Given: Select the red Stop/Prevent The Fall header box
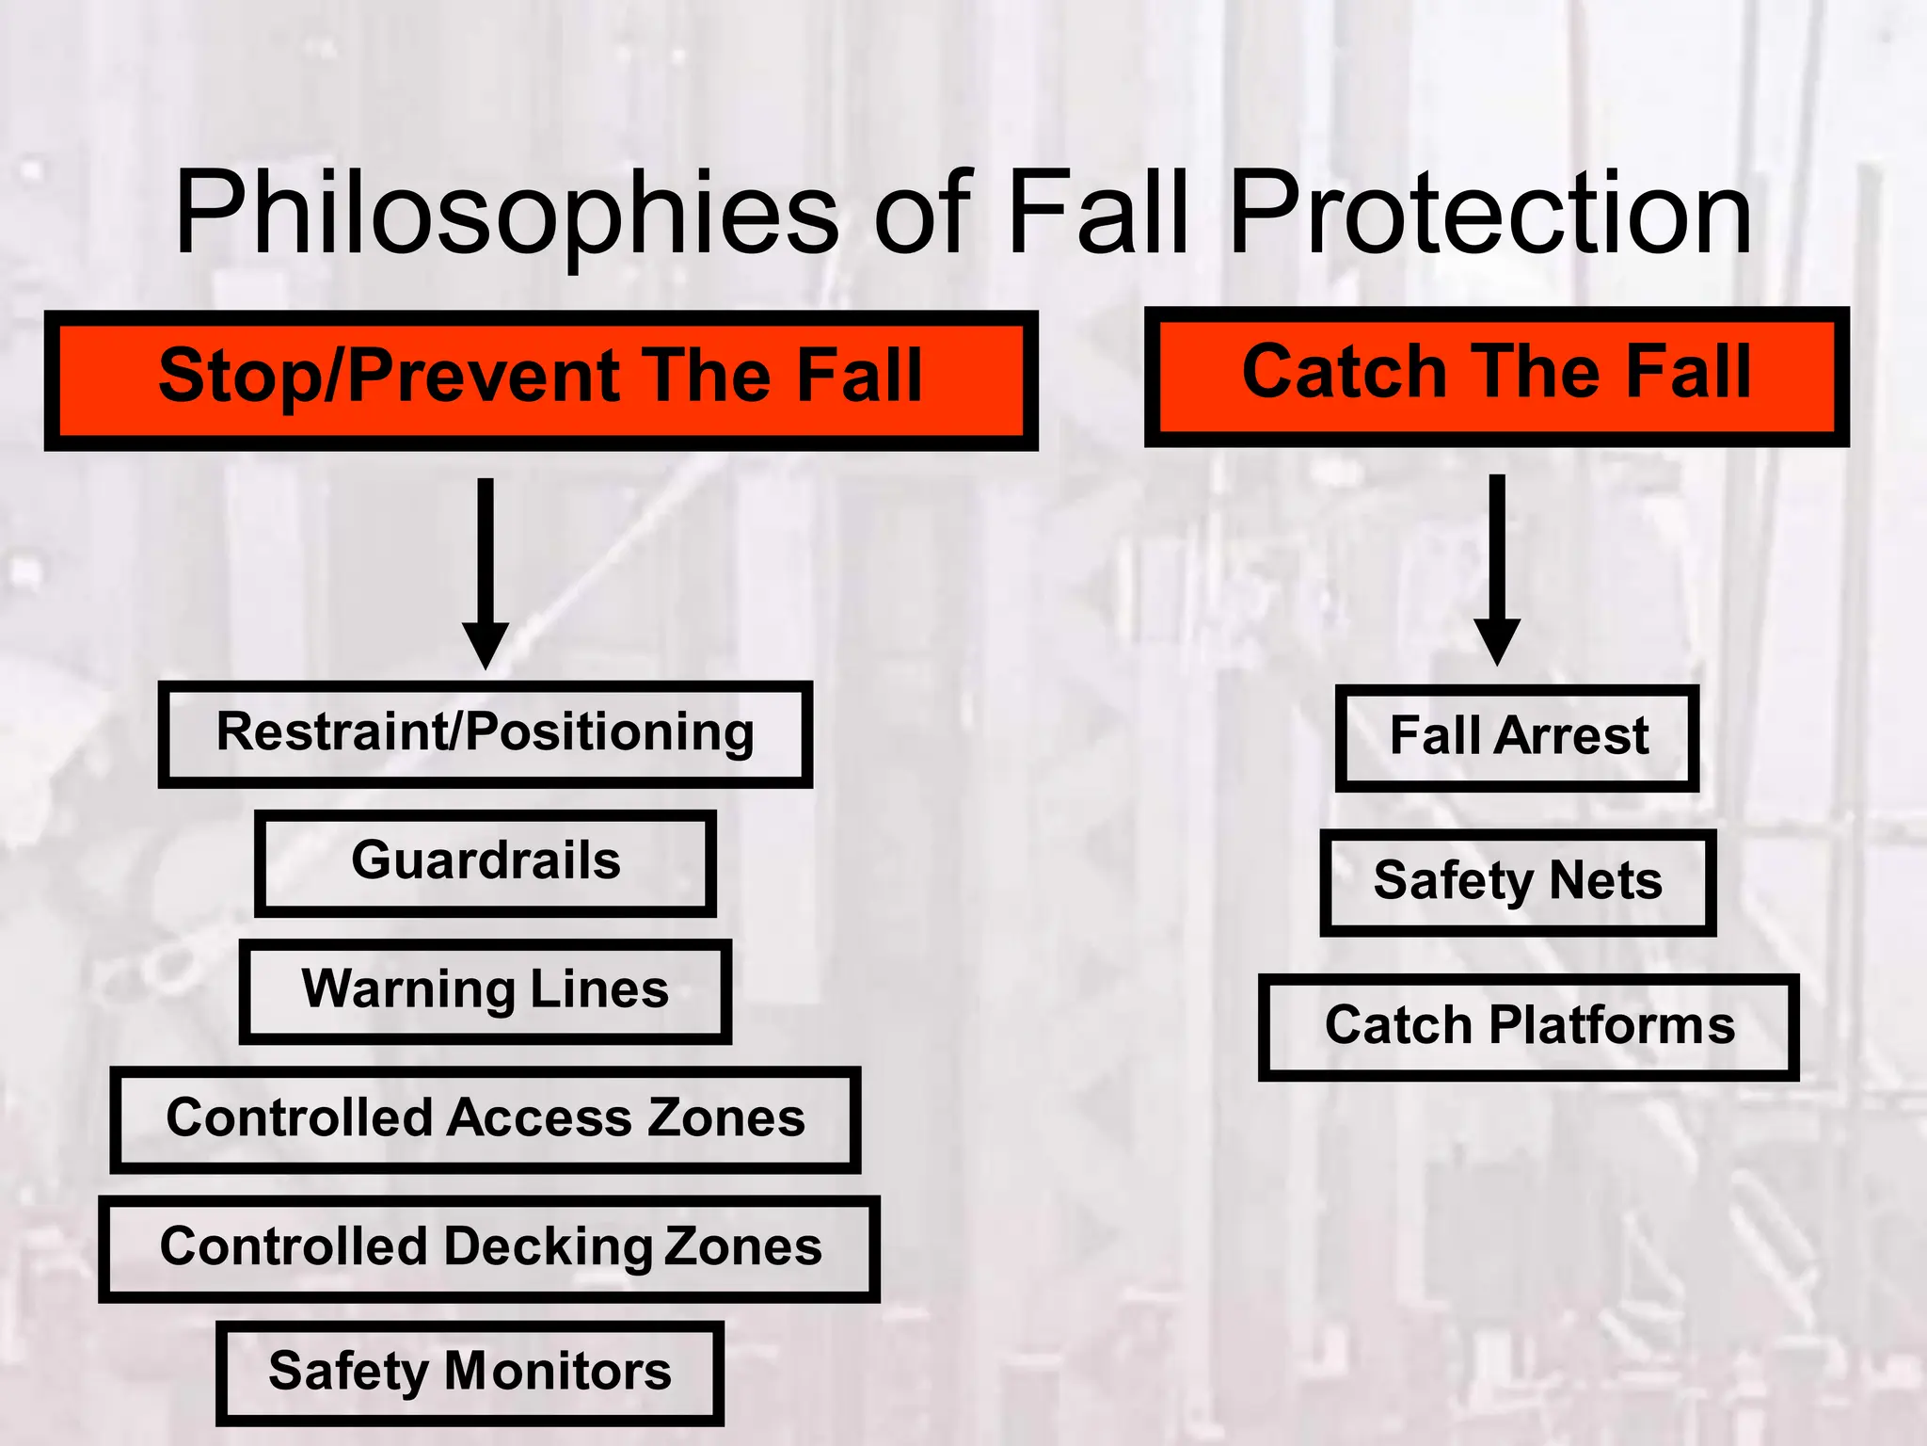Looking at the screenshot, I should point(541,380).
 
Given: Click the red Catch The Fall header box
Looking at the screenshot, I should point(1496,377).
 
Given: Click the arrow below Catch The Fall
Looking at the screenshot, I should point(1496,569).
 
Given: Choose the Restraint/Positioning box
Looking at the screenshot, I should point(486,734).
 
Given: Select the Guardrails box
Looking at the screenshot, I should point(486,862).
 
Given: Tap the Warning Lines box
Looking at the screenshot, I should point(486,991).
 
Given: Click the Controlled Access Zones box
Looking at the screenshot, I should point(486,1119).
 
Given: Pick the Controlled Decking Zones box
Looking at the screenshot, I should point(489,1248).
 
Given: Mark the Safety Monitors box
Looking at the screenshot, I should point(470,1373).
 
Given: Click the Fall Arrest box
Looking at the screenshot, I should point(1518,737).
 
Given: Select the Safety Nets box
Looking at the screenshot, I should point(1518,882).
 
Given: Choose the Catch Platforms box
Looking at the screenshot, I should point(1529,1027).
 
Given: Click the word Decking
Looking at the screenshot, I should point(548,1248).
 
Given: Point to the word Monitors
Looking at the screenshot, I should point(558,1373).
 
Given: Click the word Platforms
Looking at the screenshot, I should point(1611,1026).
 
